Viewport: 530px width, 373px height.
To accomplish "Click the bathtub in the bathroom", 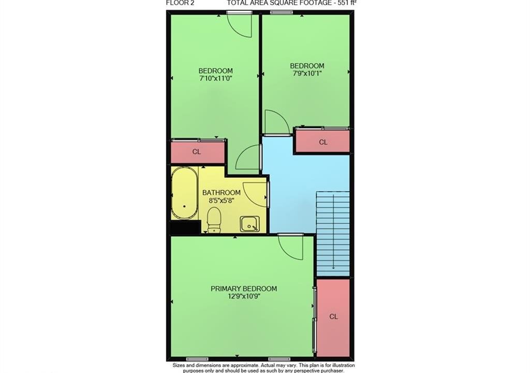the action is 185,193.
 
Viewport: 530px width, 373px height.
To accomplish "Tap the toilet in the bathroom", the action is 214,220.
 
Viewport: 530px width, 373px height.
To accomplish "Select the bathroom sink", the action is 250,224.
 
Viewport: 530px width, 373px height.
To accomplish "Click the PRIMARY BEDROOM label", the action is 244,289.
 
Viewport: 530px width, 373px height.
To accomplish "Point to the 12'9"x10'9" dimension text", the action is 244,297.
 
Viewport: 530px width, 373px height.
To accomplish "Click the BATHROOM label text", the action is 222,193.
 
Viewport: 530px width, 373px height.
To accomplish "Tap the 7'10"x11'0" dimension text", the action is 216,79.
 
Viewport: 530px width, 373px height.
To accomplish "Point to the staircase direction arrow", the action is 334,232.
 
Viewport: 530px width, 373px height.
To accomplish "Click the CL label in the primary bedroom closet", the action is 334,317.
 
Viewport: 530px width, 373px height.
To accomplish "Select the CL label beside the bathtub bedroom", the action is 196,152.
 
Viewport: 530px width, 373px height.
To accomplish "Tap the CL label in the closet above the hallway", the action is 323,142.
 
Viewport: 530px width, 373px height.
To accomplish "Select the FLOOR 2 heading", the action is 180,4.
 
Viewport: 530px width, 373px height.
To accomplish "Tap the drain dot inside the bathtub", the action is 185,206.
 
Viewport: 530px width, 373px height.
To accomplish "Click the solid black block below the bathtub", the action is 185,227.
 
